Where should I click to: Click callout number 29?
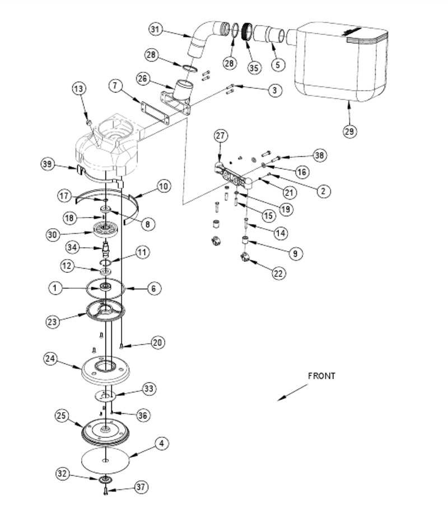[x=349, y=131]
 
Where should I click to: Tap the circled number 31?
[x=155, y=29]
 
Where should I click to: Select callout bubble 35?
[x=254, y=68]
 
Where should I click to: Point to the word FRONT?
[x=321, y=376]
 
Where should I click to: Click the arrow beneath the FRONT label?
[x=293, y=392]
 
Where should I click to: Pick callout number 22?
[x=278, y=273]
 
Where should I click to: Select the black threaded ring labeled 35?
[x=247, y=31]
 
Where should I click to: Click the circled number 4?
[x=161, y=444]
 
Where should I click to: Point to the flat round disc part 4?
[x=105, y=460]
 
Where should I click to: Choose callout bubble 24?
[x=50, y=359]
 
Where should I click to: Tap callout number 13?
[x=79, y=89]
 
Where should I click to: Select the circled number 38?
[x=320, y=155]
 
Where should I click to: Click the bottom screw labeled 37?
[x=106, y=491]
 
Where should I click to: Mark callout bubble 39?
[x=48, y=164]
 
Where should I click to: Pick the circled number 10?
[x=163, y=186]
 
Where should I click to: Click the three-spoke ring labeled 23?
[x=105, y=310]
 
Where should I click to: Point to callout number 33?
[x=148, y=389]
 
